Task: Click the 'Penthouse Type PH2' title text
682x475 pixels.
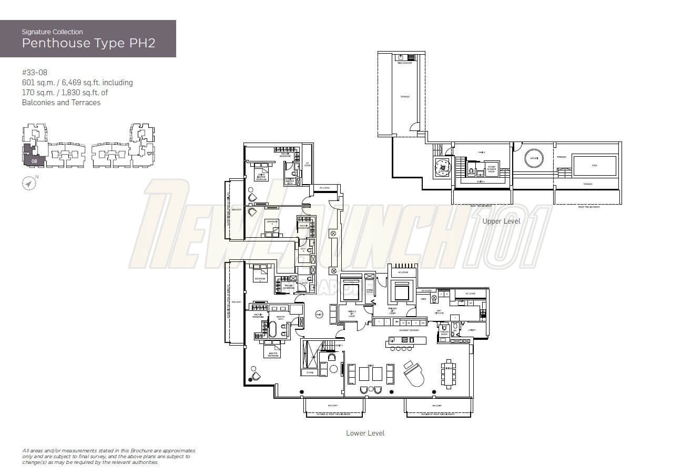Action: (x=88, y=43)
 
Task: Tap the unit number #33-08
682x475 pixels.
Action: (x=35, y=73)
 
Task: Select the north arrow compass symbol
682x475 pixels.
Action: (x=29, y=183)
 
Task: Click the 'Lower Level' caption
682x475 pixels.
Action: (x=365, y=433)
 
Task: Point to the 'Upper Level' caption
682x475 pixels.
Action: (x=501, y=221)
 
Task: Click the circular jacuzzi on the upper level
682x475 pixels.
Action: (x=532, y=157)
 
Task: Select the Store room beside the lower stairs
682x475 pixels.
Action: (x=310, y=372)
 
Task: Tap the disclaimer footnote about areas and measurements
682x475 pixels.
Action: (x=108, y=457)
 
